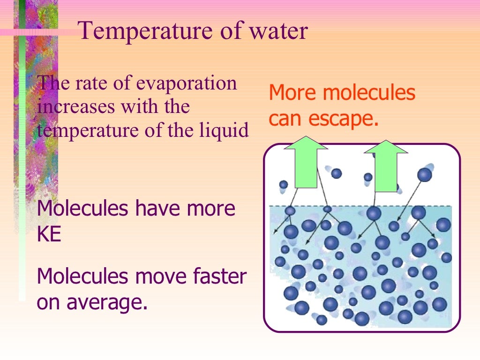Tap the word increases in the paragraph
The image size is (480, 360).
pos(76,107)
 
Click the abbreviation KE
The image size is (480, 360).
pos(49,234)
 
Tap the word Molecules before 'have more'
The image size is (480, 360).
pos(82,208)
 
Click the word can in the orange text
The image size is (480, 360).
pos(285,119)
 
